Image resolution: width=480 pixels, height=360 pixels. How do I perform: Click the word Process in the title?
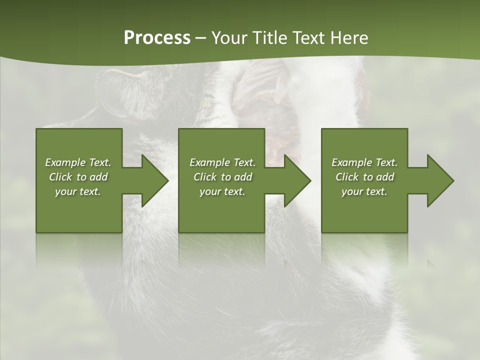[157, 38]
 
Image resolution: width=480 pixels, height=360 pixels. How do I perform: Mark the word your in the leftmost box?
[65, 191]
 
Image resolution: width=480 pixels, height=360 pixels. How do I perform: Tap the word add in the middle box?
[242, 177]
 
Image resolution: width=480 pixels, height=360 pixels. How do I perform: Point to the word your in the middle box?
[209, 191]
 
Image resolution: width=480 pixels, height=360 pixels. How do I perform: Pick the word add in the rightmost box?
[384, 177]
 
